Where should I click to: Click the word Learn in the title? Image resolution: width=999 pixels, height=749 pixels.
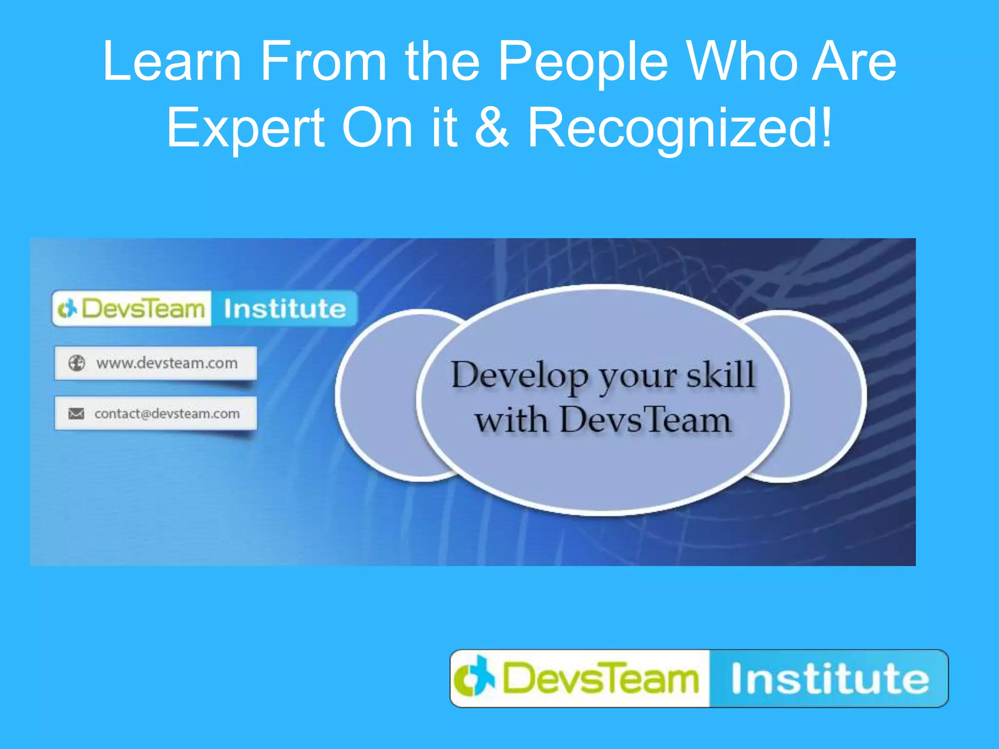coord(172,62)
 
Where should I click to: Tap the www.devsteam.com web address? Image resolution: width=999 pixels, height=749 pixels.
coord(167,363)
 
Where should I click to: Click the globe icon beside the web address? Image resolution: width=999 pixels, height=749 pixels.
coord(77,363)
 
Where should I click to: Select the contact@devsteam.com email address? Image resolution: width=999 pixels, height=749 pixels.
coord(167,414)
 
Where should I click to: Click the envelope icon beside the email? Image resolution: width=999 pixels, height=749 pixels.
coord(76,414)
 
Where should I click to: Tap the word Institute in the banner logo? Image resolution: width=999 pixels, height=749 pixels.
coord(284,309)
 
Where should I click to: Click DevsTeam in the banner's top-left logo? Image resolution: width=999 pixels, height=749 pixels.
coord(142,309)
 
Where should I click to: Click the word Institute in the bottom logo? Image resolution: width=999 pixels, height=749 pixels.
coord(830,679)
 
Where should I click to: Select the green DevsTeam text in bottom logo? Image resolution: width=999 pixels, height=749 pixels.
coord(600,679)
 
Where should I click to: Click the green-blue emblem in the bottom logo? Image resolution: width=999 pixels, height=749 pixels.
coord(474,678)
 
